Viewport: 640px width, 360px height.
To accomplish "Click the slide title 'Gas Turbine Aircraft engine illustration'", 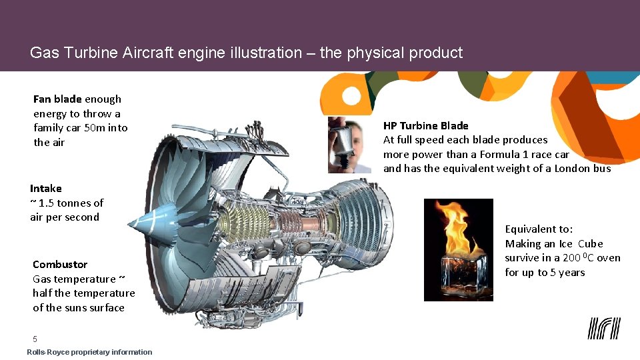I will pyautogui.click(x=246, y=53).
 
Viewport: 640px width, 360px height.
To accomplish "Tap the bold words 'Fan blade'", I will pyautogui.click(x=57, y=99).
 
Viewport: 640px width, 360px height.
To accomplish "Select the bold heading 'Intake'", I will pyautogui.click(x=45, y=189).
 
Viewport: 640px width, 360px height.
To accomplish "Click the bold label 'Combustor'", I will pyautogui.click(x=60, y=265).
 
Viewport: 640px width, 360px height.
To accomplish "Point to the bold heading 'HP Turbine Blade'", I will pyautogui.click(x=425, y=125).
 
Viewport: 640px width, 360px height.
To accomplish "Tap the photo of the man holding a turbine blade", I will pyautogui.click(x=349, y=145).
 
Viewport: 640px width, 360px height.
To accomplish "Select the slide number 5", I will pyautogui.click(x=35, y=339).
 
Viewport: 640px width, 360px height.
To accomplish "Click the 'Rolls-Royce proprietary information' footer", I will pyautogui.click(x=89, y=352).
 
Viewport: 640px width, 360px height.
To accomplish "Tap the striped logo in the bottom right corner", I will pyautogui.click(x=604, y=329).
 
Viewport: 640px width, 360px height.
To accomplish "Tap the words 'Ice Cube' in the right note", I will pyautogui.click(x=581, y=244).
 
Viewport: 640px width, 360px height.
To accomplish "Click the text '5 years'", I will pyautogui.click(x=567, y=273).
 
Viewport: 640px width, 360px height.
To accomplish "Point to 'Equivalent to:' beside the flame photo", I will pyautogui.click(x=539, y=229).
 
